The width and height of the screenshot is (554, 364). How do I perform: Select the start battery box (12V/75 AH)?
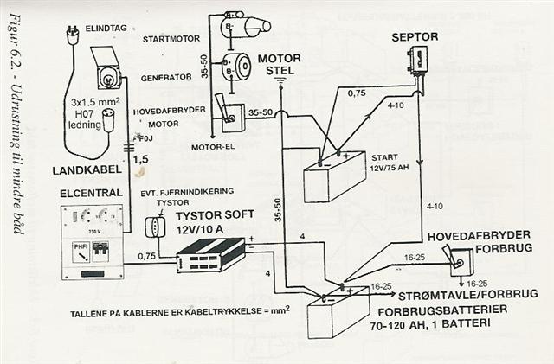click(334, 176)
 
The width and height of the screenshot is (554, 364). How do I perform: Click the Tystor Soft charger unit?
click(209, 252)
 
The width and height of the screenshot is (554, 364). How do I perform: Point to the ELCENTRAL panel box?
click(92, 241)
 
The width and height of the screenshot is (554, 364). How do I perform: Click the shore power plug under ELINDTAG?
click(72, 36)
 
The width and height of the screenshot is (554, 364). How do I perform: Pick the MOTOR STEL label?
click(280, 64)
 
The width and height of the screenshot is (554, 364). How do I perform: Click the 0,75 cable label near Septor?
click(356, 93)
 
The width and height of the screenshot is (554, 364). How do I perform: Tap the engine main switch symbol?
click(231, 115)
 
